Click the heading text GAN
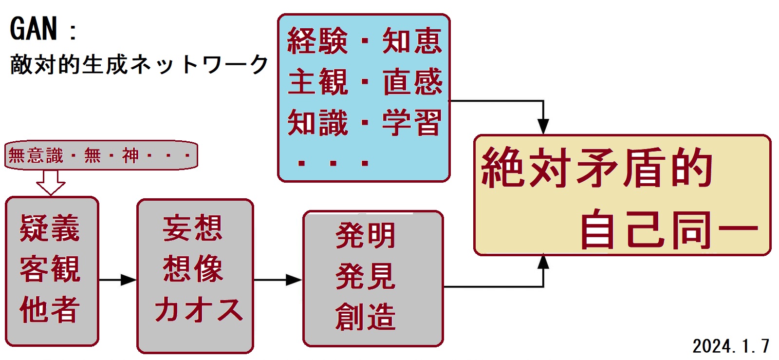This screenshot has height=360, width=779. pos(33,29)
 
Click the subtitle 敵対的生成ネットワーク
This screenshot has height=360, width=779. pos(139,65)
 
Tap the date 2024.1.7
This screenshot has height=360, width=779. pos(730,346)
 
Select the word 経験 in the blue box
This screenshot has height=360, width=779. pos(317,41)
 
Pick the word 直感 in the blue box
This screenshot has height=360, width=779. pos(412,82)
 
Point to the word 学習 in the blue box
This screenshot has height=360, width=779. pos(412,122)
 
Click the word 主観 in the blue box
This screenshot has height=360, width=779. pos(317,82)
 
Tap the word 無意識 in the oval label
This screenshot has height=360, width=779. pos(36,156)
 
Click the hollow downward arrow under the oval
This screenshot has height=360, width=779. pos(51,183)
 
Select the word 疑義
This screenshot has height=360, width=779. pos(50,228)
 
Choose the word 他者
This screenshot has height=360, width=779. pos(50,309)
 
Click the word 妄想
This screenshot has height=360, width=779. pos(193,228)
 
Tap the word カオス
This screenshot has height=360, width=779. pos(198,309)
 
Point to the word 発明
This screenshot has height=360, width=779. pos(365,236)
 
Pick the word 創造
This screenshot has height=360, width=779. pos(365,317)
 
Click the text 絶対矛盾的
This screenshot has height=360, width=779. pos(597,168)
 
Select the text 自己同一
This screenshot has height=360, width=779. pos(669,229)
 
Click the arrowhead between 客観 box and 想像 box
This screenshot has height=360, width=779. pos(130,280)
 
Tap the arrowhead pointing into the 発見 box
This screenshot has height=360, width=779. pos(294,280)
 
